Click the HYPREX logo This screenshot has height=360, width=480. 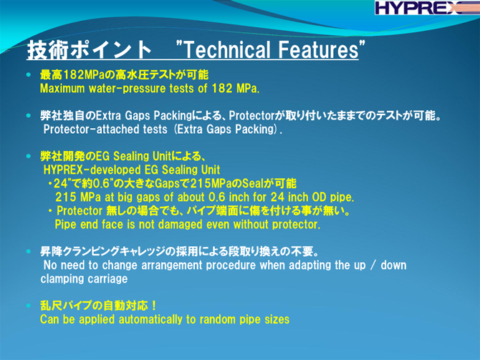point(427,8)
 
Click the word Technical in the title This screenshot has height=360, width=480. point(228,49)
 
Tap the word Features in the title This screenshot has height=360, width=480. point(318,49)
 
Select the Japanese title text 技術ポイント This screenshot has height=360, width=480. point(89,50)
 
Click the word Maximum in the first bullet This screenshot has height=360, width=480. point(62,89)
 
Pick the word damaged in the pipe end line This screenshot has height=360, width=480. point(180,225)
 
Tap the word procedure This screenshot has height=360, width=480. point(231,266)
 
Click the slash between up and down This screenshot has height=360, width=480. point(373,266)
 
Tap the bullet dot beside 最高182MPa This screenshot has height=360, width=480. point(29,74)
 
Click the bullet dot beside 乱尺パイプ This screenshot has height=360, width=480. point(29,306)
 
